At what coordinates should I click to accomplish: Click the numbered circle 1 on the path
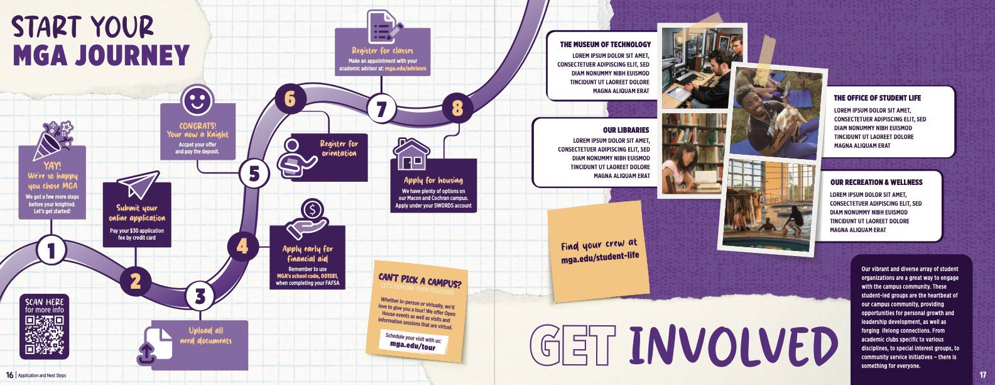52,251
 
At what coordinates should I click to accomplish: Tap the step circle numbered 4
242,247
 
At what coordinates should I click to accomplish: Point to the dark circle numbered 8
457,108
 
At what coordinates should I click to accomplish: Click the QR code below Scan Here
44,335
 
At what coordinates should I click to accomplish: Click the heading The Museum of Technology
605,45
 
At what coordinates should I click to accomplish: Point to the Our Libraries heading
626,130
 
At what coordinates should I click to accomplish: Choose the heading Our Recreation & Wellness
876,182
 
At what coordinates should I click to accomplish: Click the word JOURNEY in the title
101,55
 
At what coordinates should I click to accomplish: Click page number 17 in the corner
982,376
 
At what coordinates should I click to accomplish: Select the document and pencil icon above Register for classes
382,26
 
